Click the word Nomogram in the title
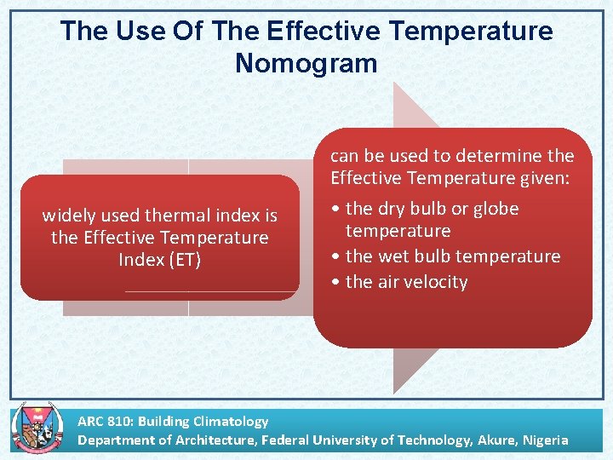pos(306,63)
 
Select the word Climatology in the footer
pos(230,421)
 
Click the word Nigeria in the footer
pos(542,440)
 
